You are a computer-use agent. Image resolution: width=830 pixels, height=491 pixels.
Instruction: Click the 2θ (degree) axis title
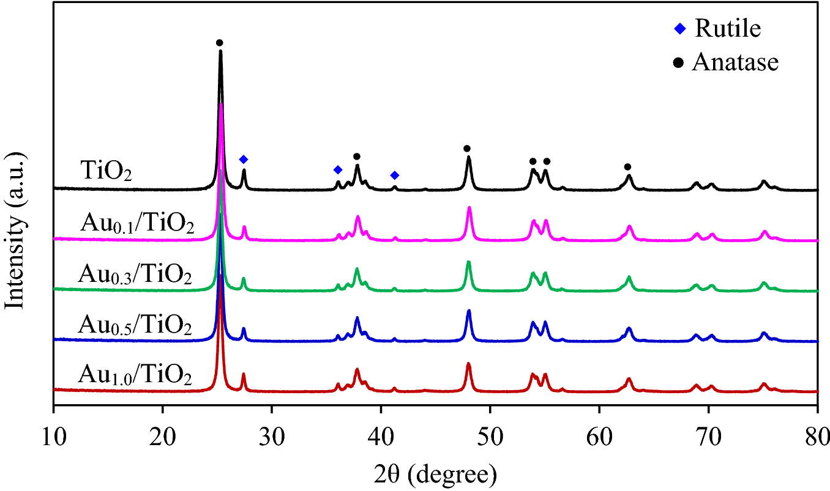pos(435,473)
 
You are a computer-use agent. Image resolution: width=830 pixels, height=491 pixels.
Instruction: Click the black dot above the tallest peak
pos(220,42)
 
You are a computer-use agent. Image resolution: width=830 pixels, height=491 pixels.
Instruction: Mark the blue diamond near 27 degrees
pos(244,159)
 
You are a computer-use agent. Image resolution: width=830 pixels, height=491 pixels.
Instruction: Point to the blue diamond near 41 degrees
pos(395,175)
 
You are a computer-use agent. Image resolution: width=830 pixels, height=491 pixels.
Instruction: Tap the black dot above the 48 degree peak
pos(467,148)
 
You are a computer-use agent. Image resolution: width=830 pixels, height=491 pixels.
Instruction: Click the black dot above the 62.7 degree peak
pos(627,167)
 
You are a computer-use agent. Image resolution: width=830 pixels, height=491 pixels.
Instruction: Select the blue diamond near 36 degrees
pos(337,169)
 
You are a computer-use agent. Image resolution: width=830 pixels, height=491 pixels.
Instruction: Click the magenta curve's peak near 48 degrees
pos(469,209)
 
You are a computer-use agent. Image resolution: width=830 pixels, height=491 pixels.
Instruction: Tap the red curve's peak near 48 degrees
pos(469,364)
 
